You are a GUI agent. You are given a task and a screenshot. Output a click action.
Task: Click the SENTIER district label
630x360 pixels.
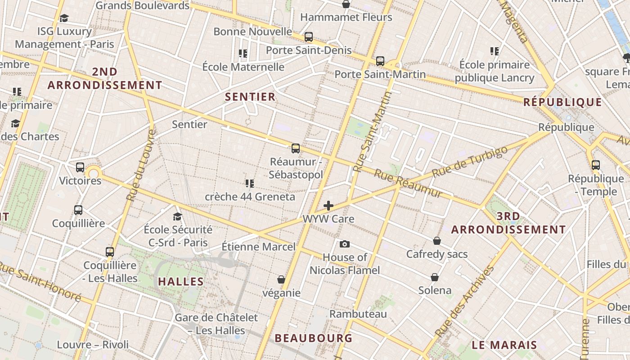[x=250, y=97]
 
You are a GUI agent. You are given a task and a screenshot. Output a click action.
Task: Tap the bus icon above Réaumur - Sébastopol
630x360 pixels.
[x=296, y=148]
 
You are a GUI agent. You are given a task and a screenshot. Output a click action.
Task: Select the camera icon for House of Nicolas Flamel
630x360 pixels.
[x=345, y=244]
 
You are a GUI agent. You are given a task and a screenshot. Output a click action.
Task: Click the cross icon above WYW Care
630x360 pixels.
[x=328, y=206]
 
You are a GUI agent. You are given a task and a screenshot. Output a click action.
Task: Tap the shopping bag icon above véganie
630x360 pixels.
[x=281, y=280]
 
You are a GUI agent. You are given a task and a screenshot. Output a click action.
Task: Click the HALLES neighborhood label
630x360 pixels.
[x=181, y=282]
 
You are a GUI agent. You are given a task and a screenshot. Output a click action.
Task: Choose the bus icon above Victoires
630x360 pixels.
[x=80, y=167]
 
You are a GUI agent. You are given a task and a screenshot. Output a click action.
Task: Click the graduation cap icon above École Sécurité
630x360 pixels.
[x=177, y=216]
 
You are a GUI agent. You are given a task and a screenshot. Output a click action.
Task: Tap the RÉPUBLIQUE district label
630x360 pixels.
[x=562, y=102]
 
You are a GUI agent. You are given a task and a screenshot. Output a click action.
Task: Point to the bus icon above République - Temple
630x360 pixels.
[x=596, y=165]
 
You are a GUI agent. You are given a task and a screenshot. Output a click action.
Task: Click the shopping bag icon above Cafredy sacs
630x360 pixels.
[x=437, y=241]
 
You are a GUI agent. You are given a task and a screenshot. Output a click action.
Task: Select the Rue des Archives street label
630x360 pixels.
[x=465, y=302]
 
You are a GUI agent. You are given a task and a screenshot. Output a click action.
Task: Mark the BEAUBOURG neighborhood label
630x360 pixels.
[x=313, y=338]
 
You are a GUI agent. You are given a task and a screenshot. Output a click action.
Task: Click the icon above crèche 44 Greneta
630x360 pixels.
[x=250, y=183]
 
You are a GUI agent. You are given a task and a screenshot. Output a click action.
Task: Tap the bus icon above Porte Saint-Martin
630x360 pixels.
[x=380, y=61]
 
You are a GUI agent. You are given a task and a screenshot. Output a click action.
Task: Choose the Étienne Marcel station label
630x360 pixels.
[x=259, y=247]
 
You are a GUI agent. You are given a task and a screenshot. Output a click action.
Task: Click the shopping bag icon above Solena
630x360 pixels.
[x=435, y=277]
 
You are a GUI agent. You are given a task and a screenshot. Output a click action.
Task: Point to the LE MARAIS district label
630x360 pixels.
[x=504, y=345]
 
